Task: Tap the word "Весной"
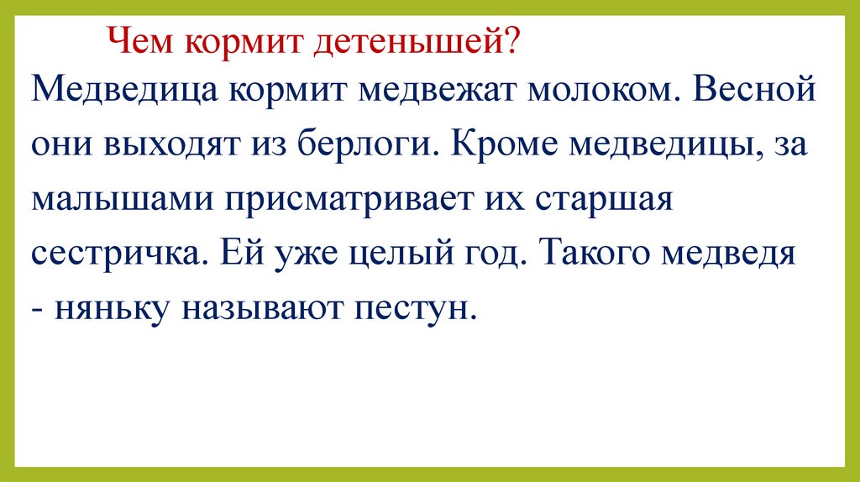click(x=753, y=89)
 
